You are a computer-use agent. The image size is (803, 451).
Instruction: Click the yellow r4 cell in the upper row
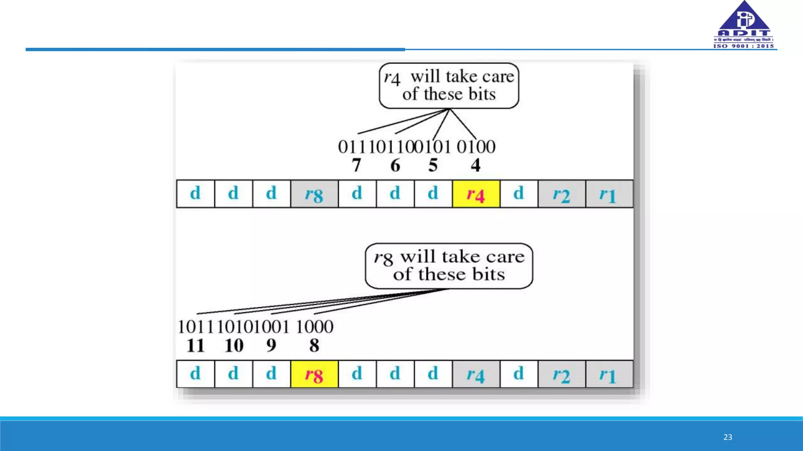476,194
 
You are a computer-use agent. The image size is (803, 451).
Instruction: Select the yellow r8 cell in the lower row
314,374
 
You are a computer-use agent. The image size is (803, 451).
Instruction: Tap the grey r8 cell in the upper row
314,194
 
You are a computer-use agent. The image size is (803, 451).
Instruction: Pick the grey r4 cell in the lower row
476,374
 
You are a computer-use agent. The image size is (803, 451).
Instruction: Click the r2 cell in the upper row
561,194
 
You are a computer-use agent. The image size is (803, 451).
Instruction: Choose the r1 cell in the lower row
609,374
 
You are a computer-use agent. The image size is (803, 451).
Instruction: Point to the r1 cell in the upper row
609,194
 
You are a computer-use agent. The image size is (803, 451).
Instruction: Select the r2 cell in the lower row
561,374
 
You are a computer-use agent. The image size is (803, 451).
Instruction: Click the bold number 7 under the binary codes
356,165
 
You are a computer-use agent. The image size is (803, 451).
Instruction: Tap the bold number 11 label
195,345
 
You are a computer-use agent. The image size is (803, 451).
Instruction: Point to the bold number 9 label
271,345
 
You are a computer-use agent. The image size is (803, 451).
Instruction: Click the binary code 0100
476,147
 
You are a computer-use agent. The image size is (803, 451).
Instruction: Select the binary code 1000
314,327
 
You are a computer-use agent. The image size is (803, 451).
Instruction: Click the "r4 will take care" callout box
449,85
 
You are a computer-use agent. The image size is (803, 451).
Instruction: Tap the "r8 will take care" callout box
449,266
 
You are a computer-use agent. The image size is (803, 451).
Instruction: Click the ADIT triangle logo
744,20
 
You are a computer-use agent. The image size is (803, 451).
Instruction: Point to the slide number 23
728,437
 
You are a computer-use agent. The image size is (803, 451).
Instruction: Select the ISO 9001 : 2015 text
743,46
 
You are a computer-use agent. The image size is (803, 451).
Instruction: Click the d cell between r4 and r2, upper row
519,194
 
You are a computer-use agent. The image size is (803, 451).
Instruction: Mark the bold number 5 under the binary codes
433,165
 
